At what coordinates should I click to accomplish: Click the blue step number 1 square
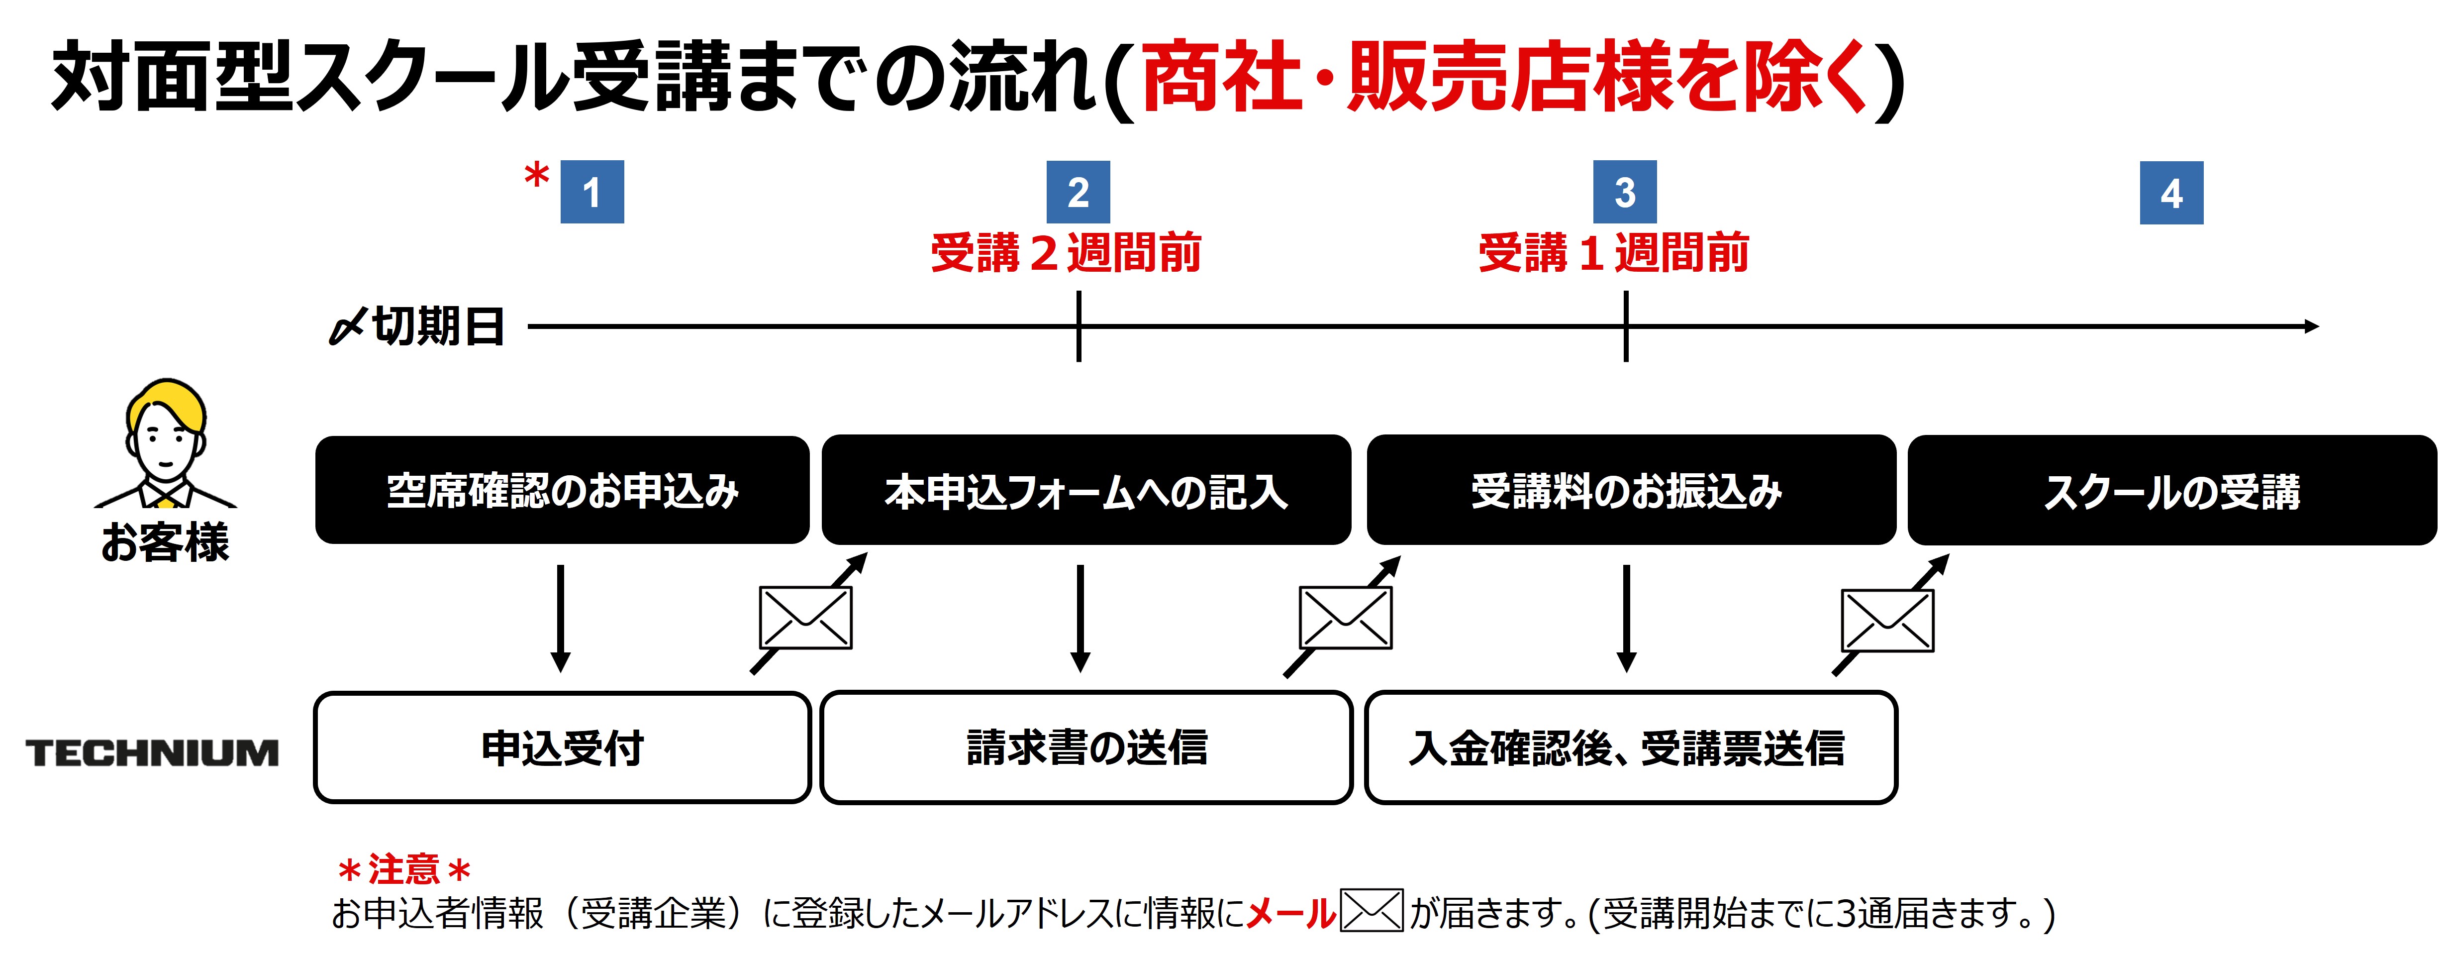[x=592, y=193]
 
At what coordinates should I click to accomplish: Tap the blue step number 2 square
[x=1078, y=193]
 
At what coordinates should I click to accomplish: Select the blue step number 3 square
[x=1625, y=193]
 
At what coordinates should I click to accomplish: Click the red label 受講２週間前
[x=1066, y=253]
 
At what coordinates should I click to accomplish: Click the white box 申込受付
[x=562, y=748]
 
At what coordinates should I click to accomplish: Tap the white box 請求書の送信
[x=1085, y=748]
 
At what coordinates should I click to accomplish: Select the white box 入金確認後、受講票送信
[x=1631, y=748]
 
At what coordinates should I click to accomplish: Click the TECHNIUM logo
[x=153, y=753]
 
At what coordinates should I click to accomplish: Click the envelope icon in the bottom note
[x=1372, y=910]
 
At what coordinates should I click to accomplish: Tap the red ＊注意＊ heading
[x=404, y=869]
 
